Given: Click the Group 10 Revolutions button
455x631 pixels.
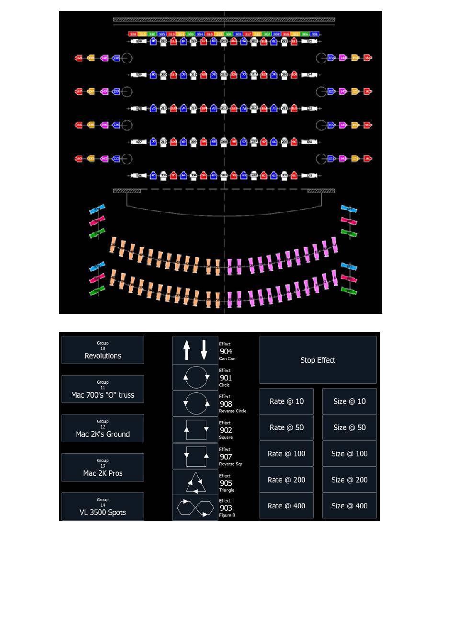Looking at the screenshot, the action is coord(102,350).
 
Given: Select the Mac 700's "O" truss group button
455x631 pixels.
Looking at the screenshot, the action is coord(102,390).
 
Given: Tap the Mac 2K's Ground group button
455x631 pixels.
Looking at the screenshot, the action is coord(102,428).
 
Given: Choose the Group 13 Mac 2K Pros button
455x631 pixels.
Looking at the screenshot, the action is coord(102,468).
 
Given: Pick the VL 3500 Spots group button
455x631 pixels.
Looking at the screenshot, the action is coord(102,507).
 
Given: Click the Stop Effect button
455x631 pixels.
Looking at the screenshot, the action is coord(318,360).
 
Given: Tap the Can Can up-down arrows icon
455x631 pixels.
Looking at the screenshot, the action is coord(195,350).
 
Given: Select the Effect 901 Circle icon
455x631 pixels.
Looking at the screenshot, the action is coord(195,377).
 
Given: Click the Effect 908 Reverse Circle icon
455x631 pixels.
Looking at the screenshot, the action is coord(195,403).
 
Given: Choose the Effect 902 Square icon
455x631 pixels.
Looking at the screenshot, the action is coord(195,430).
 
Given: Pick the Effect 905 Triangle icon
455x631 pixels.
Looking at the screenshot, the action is coord(195,482).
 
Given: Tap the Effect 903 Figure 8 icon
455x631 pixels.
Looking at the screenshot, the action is coord(195,508).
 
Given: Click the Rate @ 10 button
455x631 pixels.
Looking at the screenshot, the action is coord(286,402).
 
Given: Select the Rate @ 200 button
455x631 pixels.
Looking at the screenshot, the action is coord(286,480).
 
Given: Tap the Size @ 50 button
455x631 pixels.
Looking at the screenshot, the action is coord(349,427).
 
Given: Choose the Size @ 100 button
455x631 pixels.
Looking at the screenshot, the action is coord(349,454).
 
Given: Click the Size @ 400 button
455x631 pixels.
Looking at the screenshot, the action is coord(349,506).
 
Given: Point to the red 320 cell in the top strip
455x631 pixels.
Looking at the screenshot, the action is coord(133,34).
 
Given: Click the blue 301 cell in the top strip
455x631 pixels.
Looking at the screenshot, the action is coord(315,34).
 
